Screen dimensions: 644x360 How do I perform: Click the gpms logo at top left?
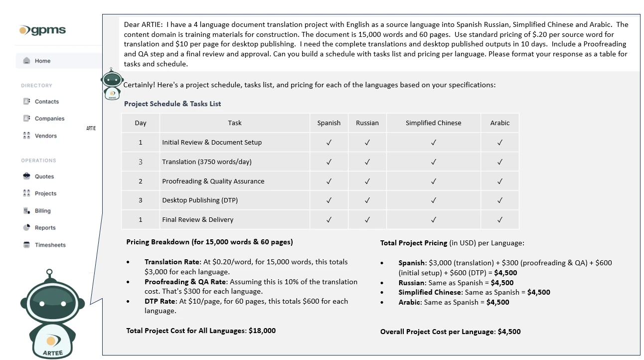42,30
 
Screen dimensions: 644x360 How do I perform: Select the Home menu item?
42,61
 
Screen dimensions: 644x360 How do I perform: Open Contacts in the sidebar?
46,102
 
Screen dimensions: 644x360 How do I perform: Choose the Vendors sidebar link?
45,136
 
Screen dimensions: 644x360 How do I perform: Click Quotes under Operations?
44,177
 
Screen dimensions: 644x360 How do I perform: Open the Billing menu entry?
42,211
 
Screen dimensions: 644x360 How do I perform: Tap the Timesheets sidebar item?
50,245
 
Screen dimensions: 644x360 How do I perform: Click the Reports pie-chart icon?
27,227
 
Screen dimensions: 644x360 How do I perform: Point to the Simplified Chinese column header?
433,123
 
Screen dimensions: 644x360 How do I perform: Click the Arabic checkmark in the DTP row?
499,200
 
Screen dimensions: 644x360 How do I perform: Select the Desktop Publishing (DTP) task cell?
200,200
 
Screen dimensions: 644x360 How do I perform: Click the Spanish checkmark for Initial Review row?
328,143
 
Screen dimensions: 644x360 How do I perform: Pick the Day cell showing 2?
141,181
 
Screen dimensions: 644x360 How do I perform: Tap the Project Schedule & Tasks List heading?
172,104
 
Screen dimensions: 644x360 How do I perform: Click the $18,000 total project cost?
262,331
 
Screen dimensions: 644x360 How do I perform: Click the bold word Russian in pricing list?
411,283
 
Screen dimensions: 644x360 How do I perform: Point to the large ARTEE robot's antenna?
49,273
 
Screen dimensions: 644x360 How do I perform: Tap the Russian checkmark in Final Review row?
367,220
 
